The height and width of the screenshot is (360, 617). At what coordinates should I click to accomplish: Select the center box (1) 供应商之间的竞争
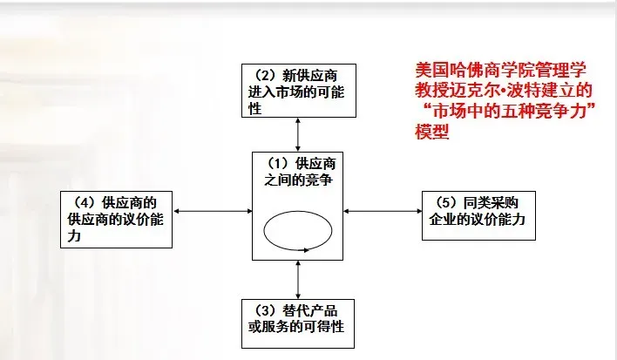coord(298,205)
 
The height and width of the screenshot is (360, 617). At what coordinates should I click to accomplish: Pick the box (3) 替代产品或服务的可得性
coord(299,322)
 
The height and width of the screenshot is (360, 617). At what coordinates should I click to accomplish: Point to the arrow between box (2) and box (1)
coord(299,134)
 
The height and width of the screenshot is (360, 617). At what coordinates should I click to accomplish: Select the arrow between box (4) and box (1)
coord(212,210)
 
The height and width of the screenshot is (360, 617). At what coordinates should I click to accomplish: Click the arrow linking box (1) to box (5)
coord(383,210)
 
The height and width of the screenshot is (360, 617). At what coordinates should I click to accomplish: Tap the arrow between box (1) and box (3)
coord(299,279)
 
